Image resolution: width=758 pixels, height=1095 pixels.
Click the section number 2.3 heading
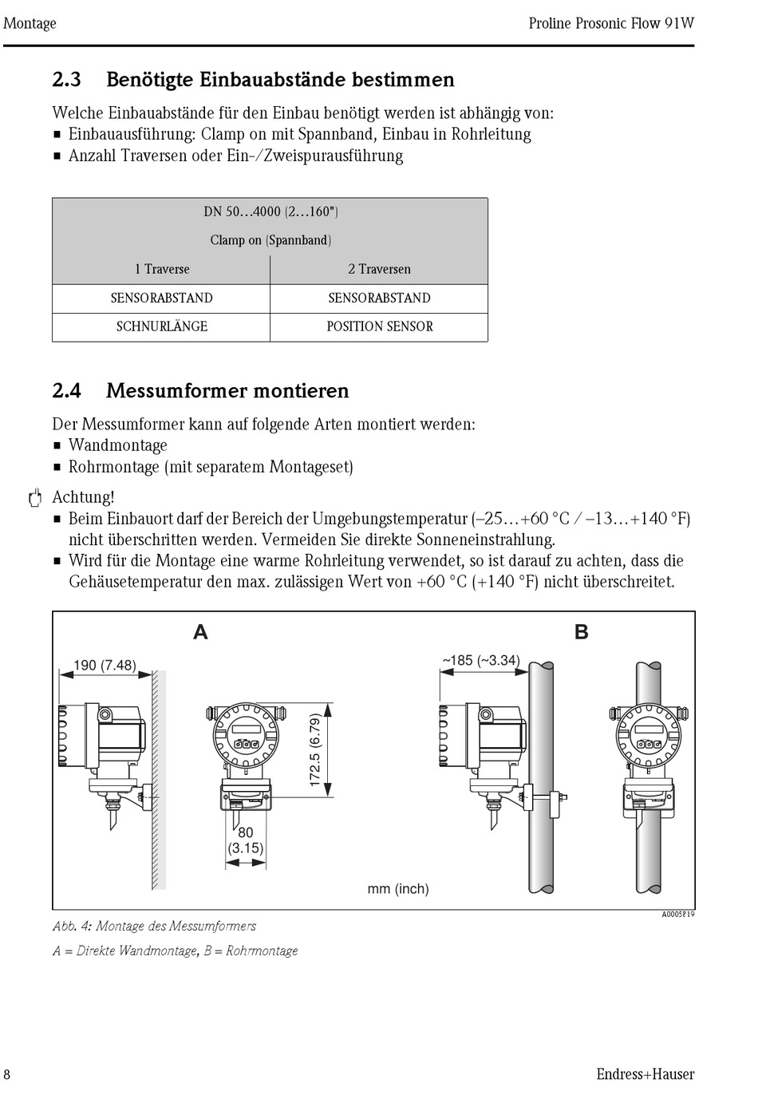tap(66, 80)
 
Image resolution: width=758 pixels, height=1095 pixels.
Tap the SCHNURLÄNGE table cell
tap(162, 326)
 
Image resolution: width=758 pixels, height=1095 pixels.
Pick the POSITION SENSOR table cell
tap(380, 326)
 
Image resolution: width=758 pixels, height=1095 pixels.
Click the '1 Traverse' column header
tap(162, 269)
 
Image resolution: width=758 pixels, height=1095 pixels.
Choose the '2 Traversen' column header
tap(380, 269)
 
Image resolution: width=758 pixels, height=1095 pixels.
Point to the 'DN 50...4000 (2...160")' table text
tap(270, 212)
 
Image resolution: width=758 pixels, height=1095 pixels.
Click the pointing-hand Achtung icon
tap(34, 500)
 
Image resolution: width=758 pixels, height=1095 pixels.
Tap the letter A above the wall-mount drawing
tap(200, 632)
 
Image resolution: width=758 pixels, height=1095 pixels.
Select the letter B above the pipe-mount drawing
tap(582, 632)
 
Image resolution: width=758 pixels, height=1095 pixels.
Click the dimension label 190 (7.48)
tap(105, 665)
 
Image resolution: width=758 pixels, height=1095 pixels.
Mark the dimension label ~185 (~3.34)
tap(481, 661)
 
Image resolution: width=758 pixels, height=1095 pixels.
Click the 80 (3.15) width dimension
tap(246, 840)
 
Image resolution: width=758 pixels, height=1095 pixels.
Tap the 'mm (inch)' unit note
tap(398, 888)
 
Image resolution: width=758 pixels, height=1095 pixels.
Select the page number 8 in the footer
tap(7, 1074)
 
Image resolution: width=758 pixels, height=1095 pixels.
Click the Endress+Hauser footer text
tap(645, 1074)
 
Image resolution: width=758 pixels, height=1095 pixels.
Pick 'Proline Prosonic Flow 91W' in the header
tap(611, 23)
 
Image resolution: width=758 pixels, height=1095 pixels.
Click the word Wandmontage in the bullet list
tap(118, 445)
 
